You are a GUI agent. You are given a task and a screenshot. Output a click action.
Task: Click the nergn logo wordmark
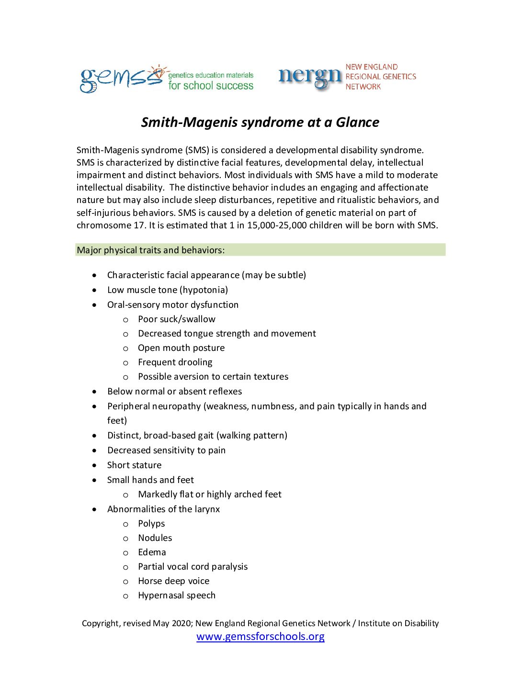[310, 77]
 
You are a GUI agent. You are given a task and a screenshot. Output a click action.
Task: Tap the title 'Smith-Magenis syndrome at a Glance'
[260, 123]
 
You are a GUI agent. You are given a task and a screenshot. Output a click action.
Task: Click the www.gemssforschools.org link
[260, 637]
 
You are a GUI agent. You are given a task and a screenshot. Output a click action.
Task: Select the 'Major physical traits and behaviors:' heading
[151, 250]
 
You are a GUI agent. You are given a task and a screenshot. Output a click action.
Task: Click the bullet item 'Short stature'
[134, 465]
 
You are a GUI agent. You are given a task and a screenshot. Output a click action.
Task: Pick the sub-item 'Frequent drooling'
[175, 362]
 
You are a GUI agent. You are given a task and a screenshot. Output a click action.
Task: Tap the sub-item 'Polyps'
[151, 524]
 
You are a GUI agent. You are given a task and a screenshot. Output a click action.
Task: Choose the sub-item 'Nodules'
[155, 538]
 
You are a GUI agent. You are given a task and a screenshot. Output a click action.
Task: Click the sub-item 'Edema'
[152, 552]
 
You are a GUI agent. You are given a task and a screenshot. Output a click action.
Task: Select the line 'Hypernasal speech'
[177, 595]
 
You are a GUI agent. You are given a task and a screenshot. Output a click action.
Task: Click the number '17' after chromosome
[139, 225]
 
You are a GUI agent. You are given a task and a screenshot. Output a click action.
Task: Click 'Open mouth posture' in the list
[181, 348]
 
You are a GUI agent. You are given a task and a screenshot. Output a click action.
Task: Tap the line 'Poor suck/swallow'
[177, 319]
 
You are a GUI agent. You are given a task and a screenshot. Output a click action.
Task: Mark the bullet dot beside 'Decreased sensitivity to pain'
[95, 450]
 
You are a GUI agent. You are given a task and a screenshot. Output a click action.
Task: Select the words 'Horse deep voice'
[173, 581]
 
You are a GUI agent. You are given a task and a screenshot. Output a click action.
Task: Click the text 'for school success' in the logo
[211, 86]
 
